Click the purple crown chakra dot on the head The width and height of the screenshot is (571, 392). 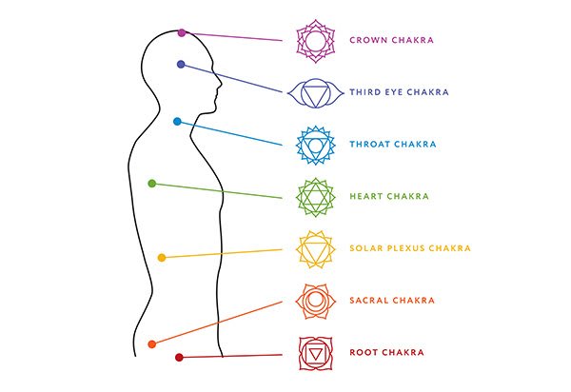[182, 32]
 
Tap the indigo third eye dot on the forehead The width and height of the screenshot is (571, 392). [181, 65]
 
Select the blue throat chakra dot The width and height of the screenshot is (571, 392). [177, 122]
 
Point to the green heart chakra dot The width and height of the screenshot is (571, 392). [152, 184]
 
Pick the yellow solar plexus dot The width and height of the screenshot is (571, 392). [162, 258]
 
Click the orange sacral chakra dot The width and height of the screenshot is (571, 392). [152, 344]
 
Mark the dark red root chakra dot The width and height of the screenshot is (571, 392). [179, 358]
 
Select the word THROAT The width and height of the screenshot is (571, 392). [369, 144]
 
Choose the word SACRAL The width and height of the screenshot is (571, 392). [369, 301]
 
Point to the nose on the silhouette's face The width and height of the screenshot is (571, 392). [220, 84]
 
